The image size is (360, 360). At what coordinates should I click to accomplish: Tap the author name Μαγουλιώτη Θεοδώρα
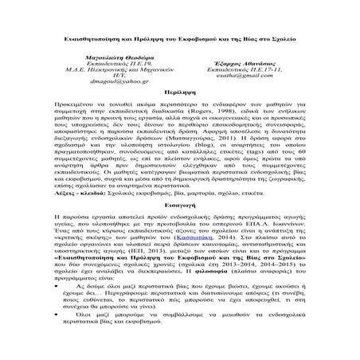[x=116, y=59]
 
